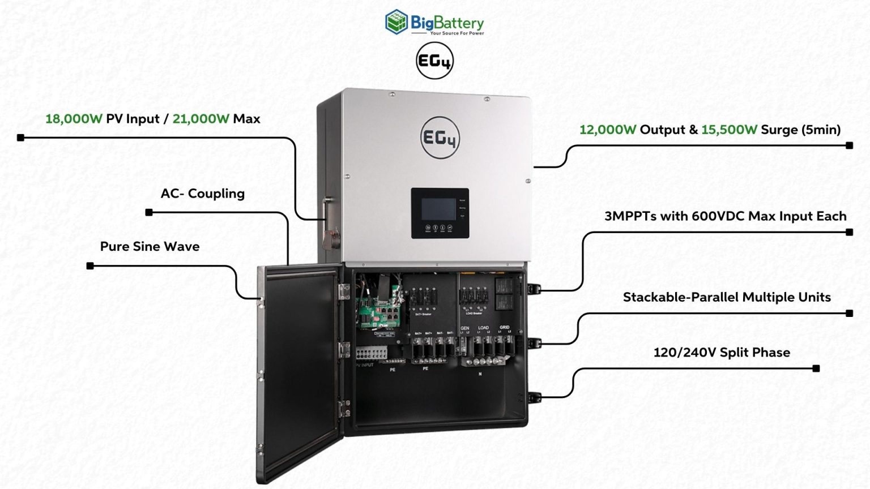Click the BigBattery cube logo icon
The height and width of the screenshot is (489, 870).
tap(396, 22)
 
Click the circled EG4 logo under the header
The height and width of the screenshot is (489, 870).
tap(434, 61)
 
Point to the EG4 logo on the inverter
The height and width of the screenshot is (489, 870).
tap(440, 138)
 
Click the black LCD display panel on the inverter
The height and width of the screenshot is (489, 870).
tap(440, 213)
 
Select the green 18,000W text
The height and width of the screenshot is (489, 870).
tap(74, 119)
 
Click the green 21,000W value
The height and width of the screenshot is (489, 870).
tap(201, 119)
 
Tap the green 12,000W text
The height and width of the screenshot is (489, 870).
tap(608, 130)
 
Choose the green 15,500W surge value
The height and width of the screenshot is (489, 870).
tap(729, 130)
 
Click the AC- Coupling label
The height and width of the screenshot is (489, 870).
tap(202, 194)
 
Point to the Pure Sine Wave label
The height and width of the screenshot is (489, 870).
tap(150, 247)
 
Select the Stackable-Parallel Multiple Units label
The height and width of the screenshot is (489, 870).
tap(727, 297)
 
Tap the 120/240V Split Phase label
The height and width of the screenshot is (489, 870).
tap(722, 353)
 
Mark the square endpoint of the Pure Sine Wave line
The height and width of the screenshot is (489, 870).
tap(90, 266)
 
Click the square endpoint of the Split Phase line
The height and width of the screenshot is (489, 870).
tap(816, 368)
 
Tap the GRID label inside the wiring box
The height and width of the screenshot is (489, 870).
tap(504, 327)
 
